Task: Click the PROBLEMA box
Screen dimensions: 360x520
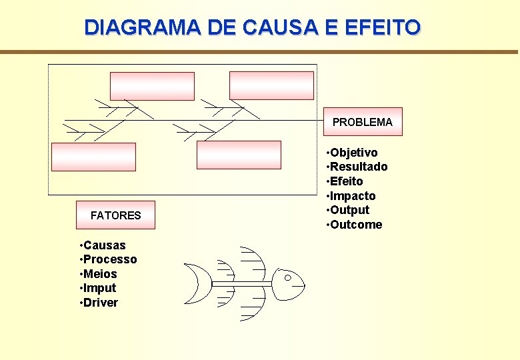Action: [x=363, y=122]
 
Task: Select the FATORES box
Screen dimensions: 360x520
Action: [x=115, y=215]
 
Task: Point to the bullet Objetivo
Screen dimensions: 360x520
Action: [x=353, y=153]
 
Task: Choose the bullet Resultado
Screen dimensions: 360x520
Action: [x=359, y=167]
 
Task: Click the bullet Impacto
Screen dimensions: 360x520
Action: [x=353, y=196]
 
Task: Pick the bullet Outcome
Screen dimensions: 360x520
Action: [x=356, y=225]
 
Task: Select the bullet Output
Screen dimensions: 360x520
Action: [x=349, y=210]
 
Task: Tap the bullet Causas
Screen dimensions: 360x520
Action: [x=104, y=245]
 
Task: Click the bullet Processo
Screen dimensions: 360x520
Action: [x=110, y=259]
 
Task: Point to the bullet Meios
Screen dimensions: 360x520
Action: [x=100, y=274]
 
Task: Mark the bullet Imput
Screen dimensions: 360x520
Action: [x=99, y=288]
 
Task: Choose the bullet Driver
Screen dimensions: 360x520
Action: [x=101, y=303]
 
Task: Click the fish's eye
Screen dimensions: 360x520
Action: [x=288, y=277]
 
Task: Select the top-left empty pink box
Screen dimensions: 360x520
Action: [x=152, y=86]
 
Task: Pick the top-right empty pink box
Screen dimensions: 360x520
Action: [x=271, y=85]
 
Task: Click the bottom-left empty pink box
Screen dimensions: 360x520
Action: [x=93, y=157]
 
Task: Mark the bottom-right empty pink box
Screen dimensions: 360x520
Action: [x=239, y=155]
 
